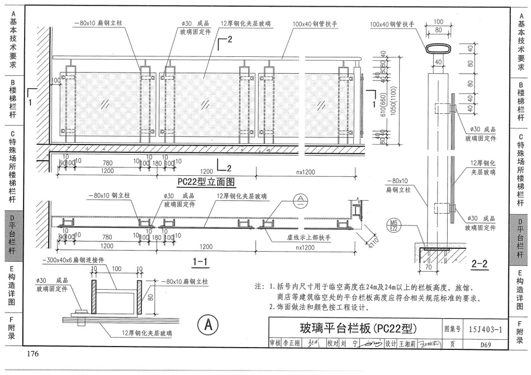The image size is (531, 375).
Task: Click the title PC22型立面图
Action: (x=205, y=181)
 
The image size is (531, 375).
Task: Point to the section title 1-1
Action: (x=200, y=261)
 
